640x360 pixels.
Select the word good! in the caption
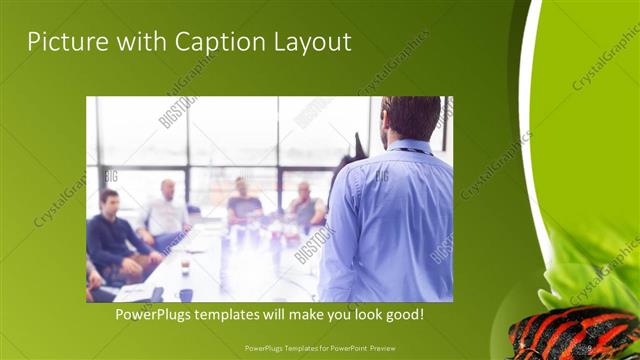(401, 314)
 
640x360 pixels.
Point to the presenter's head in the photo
(411, 118)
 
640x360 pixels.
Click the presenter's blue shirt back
(385, 220)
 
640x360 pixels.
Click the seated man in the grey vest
(306, 205)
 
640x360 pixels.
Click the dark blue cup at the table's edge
(186, 294)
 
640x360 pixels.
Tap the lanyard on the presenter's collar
(411, 150)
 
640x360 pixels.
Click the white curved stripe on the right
(533, 150)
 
